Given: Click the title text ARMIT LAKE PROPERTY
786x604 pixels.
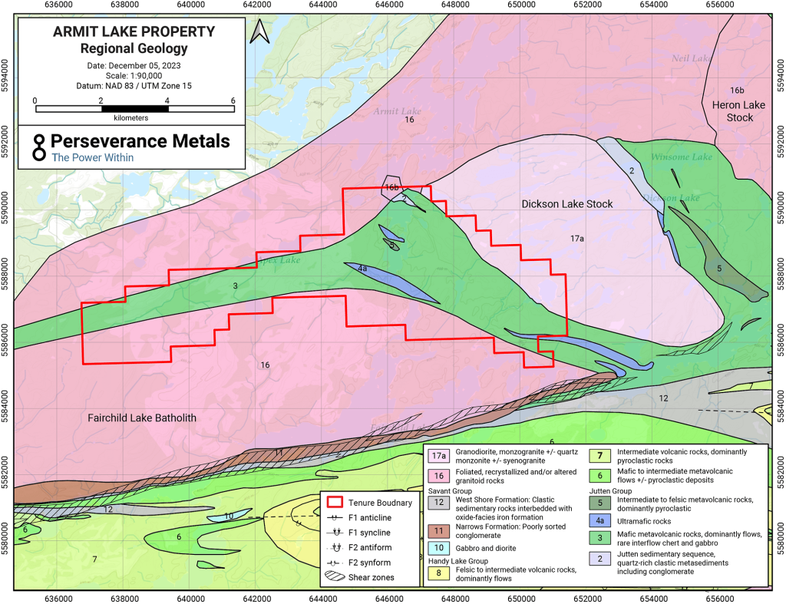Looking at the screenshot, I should tap(134, 32).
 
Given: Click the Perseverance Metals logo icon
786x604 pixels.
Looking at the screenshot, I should tap(36, 147).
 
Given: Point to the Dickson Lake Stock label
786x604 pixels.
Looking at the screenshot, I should tap(566, 204).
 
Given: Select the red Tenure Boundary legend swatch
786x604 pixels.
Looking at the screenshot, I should tap(335, 503).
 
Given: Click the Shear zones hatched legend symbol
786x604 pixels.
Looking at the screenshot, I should tap(335, 575).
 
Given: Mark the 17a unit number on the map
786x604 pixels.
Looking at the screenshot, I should tap(577, 239).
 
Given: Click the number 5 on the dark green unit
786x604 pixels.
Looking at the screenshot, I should tap(719, 268).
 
